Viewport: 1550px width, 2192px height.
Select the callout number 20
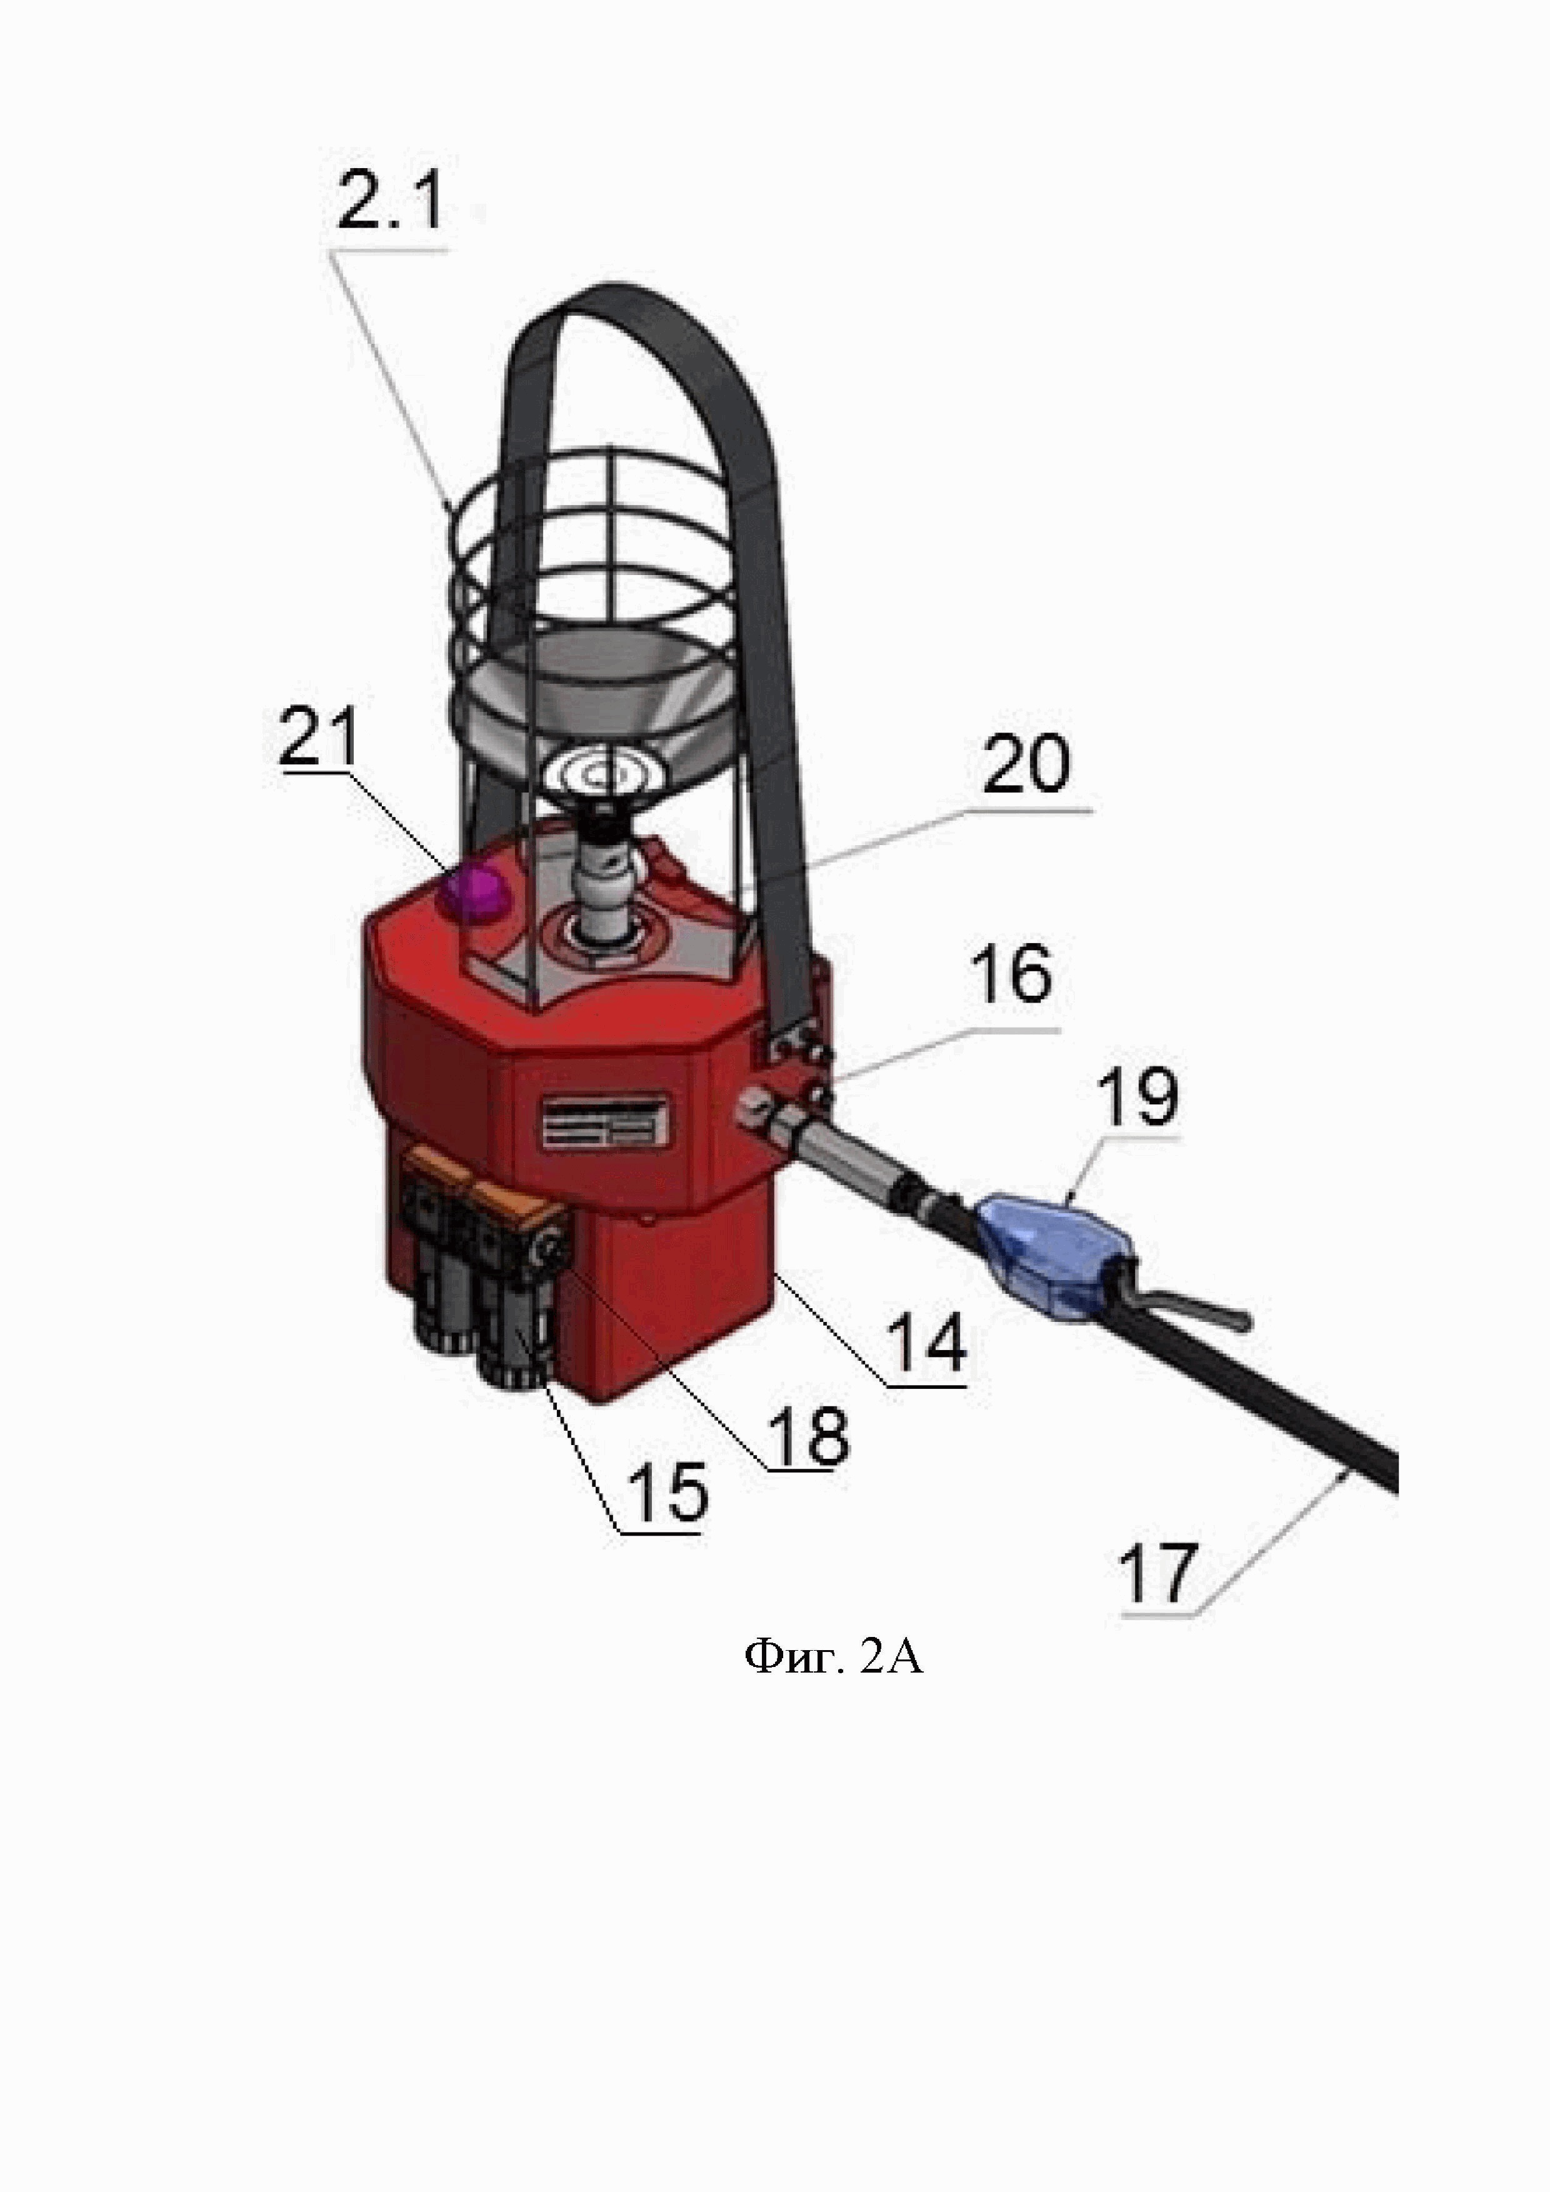(1027, 766)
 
